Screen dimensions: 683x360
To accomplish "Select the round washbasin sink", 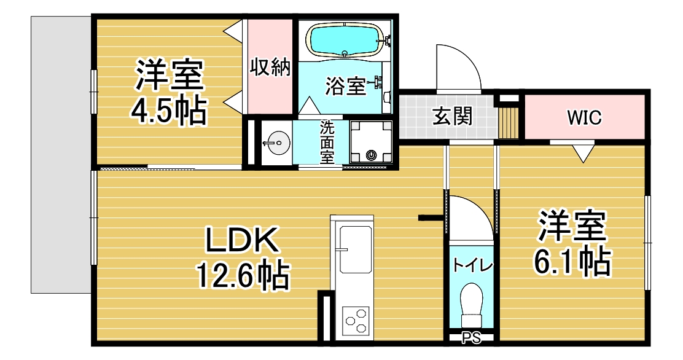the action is pos(276,143).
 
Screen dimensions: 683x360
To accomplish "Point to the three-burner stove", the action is pos(356,321).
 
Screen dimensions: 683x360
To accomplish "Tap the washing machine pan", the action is pos(371,141).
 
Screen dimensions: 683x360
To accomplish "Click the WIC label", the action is pos(584,117).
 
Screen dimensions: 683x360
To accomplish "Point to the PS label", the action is pos(471,338).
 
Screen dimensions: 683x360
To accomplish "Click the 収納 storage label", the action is pos(270,67).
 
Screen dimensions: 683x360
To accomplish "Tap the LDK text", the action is pos(242,241).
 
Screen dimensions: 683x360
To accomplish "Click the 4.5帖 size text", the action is pos(168,110).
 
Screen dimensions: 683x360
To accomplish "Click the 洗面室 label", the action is pos(327,142).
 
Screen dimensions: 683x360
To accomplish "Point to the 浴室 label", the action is pos(345,86).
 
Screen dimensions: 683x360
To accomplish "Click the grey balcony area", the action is pos(61,154).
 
